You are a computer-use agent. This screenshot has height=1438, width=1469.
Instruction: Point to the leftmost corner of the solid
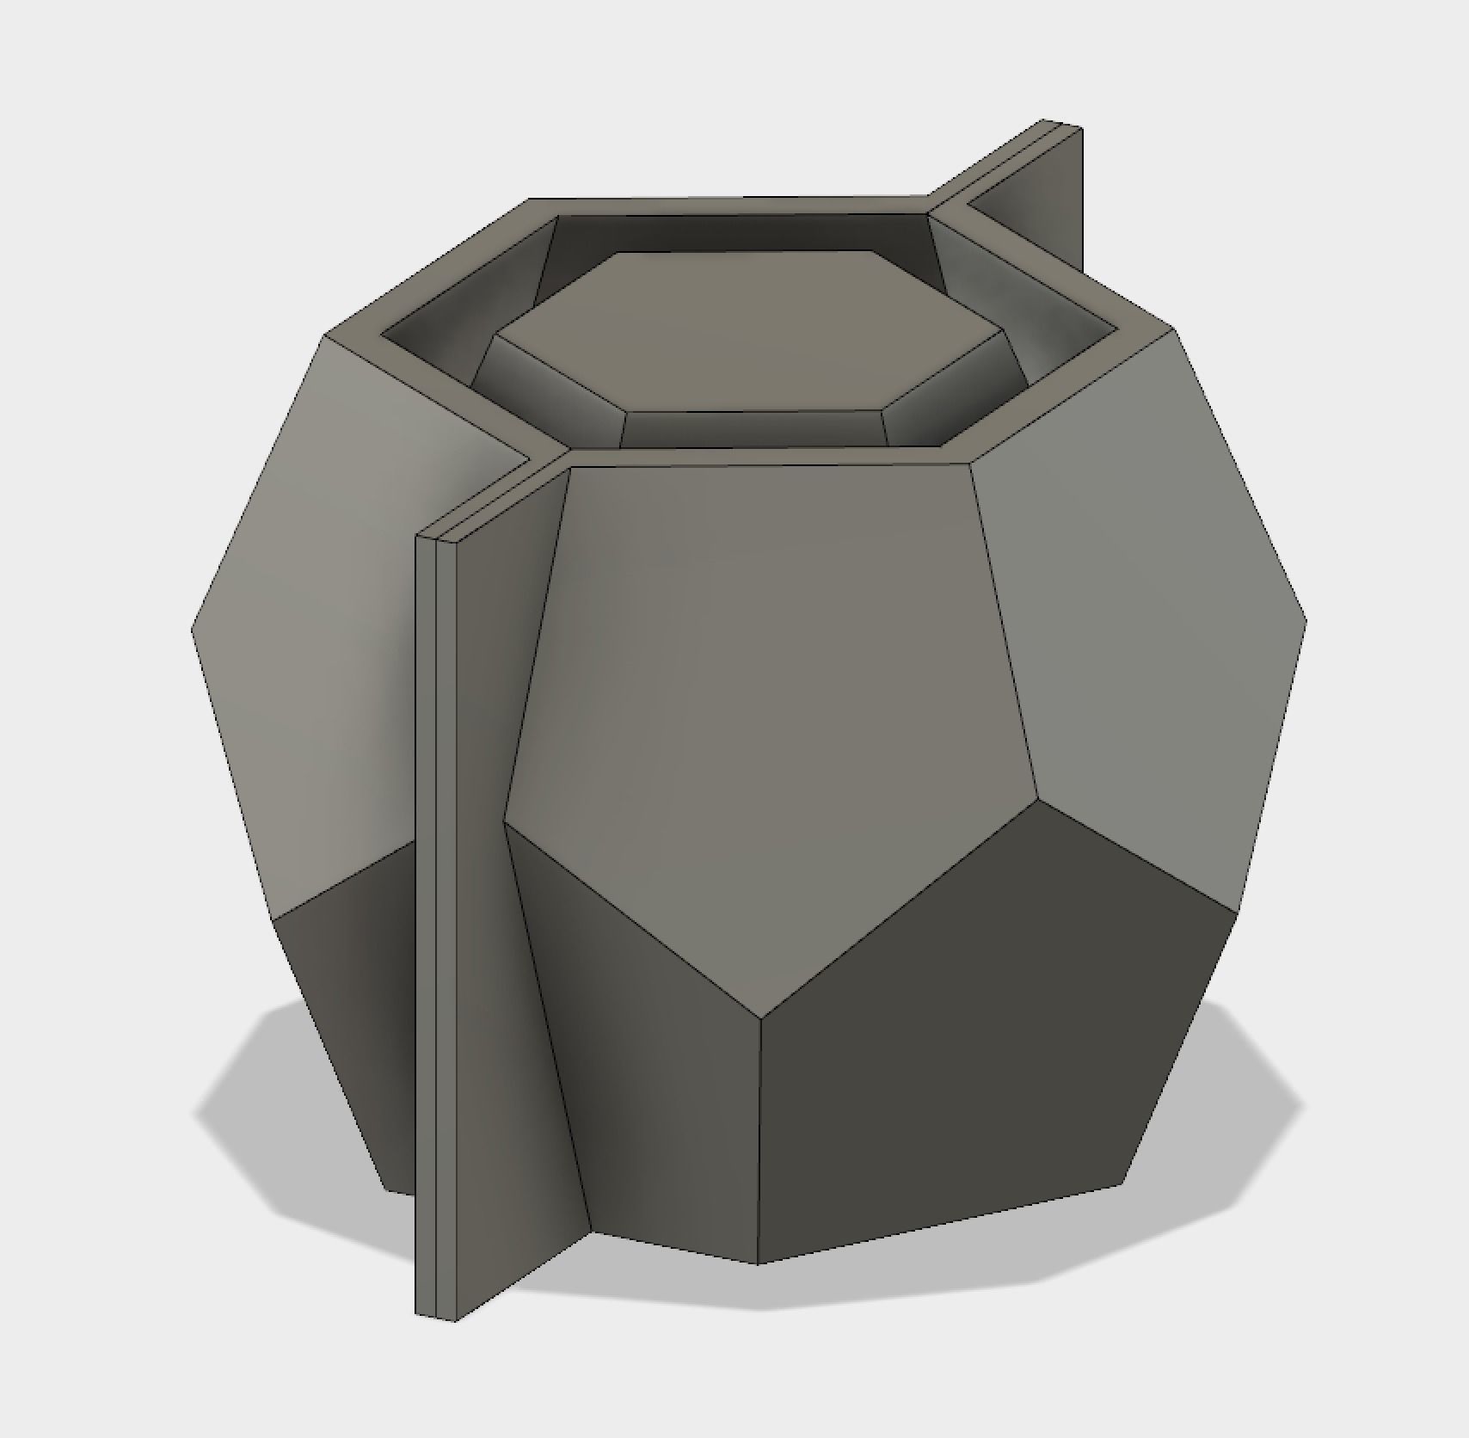pyautogui.click(x=191, y=630)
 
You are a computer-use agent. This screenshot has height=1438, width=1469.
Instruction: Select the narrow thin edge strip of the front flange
pyautogui.click(x=427, y=946)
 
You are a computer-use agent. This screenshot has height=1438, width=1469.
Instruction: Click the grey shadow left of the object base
pyautogui.click(x=258, y=1109)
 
